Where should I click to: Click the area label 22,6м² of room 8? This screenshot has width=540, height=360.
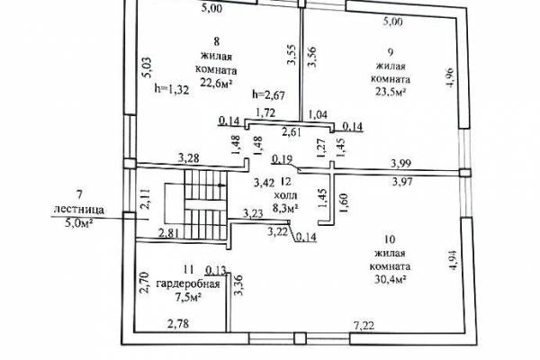pyautogui.click(x=216, y=83)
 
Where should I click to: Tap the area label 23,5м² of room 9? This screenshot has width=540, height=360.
pyautogui.click(x=390, y=92)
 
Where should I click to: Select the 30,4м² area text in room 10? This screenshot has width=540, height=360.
pyautogui.click(x=390, y=279)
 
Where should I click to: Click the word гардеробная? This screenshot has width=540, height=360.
pyautogui.click(x=188, y=284)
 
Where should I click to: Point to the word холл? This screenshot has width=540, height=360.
pyautogui.click(x=285, y=196)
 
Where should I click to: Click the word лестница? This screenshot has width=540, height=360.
pyautogui.click(x=79, y=209)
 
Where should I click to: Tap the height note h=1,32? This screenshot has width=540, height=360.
pyautogui.click(x=172, y=90)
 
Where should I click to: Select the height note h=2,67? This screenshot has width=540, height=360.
pyautogui.click(x=268, y=94)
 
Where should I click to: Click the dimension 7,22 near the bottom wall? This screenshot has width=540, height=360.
pyautogui.click(x=364, y=325)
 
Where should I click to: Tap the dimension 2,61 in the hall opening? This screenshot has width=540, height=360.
pyautogui.click(x=292, y=132)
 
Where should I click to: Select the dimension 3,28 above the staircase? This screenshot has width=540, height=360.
pyautogui.click(x=188, y=158)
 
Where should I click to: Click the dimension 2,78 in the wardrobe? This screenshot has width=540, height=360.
pyautogui.click(x=178, y=324)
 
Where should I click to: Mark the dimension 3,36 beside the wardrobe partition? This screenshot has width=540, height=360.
pyautogui.click(x=238, y=284)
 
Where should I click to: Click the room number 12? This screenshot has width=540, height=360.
pyautogui.click(x=285, y=181)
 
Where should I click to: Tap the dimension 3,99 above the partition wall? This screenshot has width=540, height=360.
pyautogui.click(x=400, y=163)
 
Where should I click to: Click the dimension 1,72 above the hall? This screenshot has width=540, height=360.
pyautogui.click(x=265, y=112)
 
